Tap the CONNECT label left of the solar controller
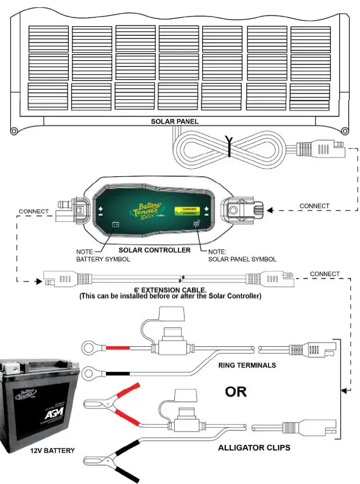pyautogui.click(x=34, y=212)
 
